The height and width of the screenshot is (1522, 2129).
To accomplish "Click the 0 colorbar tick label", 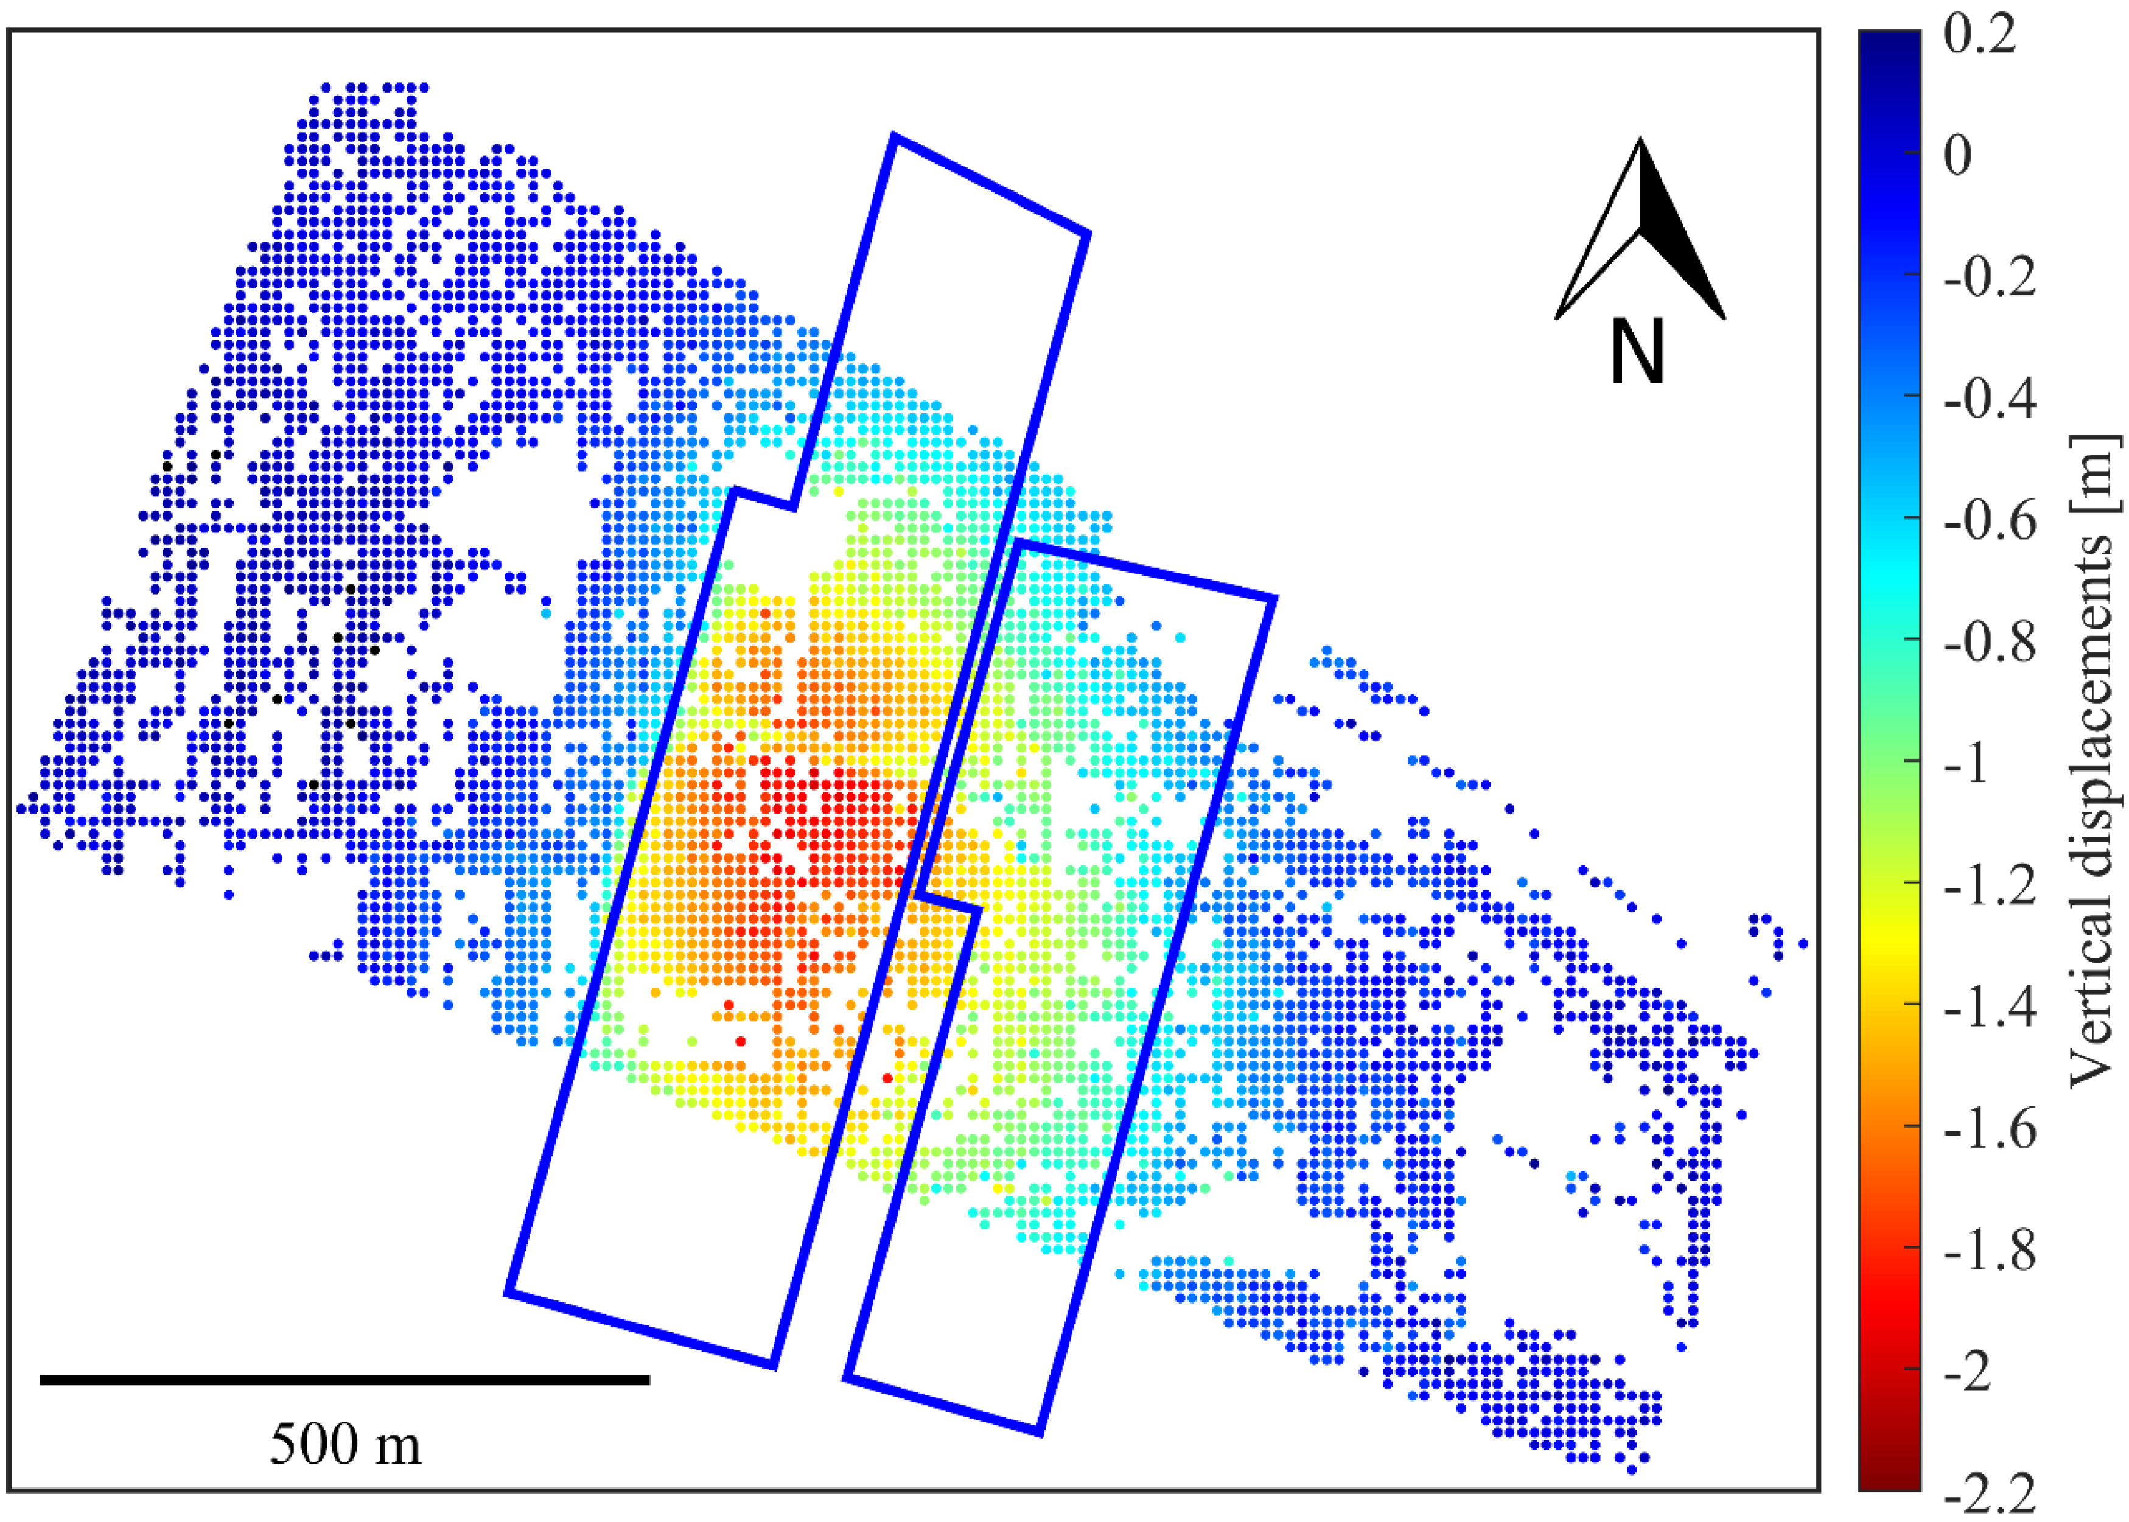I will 1957,156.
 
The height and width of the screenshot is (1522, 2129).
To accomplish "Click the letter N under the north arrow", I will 1638,352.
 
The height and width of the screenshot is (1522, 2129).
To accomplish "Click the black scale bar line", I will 345,1380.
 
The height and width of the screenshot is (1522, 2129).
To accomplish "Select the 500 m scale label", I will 345,1444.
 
